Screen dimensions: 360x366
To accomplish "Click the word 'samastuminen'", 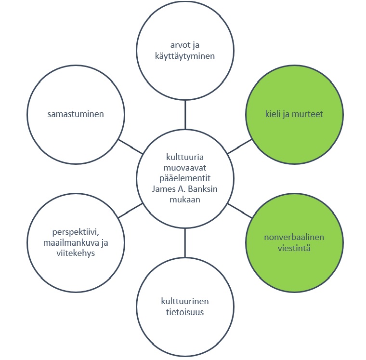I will coord(76,115).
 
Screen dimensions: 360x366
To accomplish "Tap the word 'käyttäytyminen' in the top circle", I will coord(185,56).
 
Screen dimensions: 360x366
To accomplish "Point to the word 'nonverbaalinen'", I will coord(294,238).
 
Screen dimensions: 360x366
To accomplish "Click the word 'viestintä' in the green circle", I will coord(294,248).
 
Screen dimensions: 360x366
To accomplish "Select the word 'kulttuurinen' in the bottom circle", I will coord(185,301).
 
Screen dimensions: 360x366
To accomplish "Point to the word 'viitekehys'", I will coord(76,253).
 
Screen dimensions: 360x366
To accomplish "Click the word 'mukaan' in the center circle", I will coord(185,199).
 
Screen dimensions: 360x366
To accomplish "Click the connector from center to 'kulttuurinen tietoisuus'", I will coord(185,243).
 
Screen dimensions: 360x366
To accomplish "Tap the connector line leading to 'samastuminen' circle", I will coord(131,147).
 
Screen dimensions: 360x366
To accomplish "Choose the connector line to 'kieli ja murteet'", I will coord(239,147).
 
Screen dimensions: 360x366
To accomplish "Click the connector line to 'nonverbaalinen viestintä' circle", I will coord(239,210).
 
